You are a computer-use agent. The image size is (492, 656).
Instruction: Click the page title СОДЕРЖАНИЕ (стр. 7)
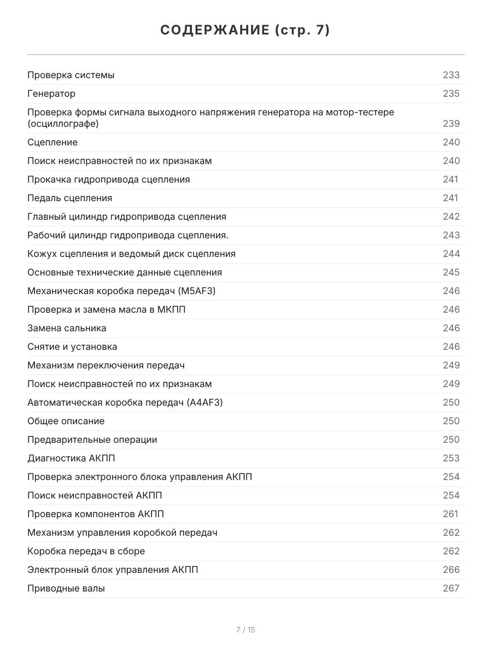[x=245, y=31]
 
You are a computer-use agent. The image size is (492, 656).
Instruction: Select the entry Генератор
[x=51, y=93]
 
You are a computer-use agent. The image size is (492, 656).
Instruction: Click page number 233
[x=451, y=75]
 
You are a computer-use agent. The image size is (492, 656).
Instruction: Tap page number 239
[x=451, y=124]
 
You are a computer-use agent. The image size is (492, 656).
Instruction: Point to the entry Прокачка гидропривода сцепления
[x=109, y=179]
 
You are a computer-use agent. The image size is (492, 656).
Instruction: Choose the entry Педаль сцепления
[x=69, y=198]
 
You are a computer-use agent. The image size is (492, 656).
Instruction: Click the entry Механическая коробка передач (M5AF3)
[x=121, y=291]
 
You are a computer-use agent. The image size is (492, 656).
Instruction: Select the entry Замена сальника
[x=67, y=328]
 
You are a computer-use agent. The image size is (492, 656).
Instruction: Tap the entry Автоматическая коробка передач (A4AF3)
[x=125, y=402]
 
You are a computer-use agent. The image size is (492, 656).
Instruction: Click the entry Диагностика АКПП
[x=71, y=458]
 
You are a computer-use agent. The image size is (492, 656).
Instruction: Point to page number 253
[x=451, y=458]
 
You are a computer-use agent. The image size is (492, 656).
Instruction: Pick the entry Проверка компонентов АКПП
[x=96, y=514]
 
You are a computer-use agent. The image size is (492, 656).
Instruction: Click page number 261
[x=450, y=514]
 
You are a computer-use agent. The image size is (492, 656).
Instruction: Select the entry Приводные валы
[x=66, y=588]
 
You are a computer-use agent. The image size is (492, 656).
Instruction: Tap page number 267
[x=451, y=588]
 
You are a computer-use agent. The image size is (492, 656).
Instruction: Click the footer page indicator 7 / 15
[x=245, y=630]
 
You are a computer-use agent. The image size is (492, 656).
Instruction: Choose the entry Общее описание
[x=66, y=421]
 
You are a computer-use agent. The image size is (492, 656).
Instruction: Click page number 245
[x=451, y=272]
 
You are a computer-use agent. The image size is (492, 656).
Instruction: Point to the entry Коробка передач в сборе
[x=86, y=551]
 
